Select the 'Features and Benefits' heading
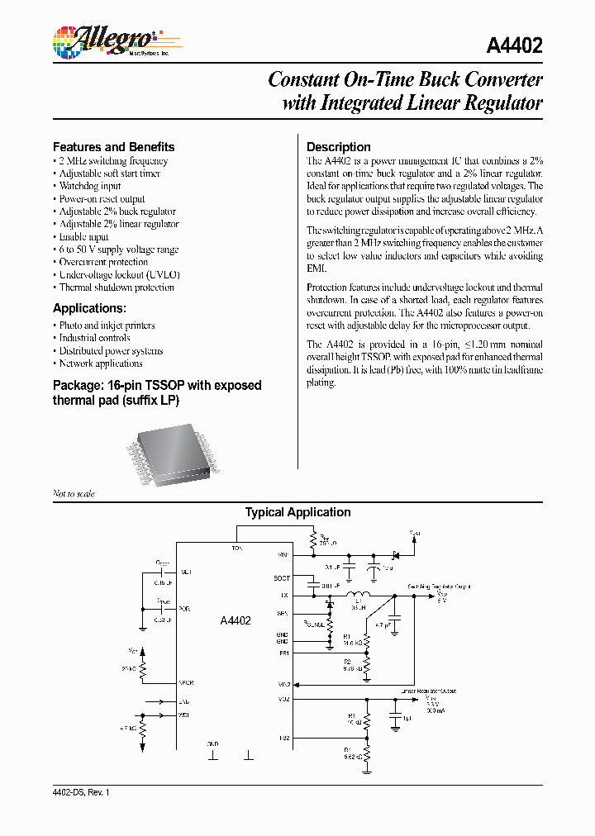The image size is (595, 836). pyautogui.click(x=113, y=146)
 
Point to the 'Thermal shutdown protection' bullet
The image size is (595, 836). pyautogui.click(x=116, y=287)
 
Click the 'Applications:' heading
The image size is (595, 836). pyautogui.click(x=89, y=308)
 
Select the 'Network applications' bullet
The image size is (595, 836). pyautogui.click(x=100, y=363)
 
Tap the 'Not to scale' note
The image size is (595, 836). pyautogui.click(x=74, y=493)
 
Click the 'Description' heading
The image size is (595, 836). pyautogui.click(x=338, y=146)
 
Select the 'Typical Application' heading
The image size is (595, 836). pyautogui.click(x=297, y=512)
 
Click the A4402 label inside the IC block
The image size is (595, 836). pyautogui.click(x=236, y=620)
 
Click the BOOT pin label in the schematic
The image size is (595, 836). pyautogui.click(x=282, y=577)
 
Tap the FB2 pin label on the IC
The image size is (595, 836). pyautogui.click(x=283, y=738)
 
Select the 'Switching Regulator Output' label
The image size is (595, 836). pyautogui.click(x=438, y=586)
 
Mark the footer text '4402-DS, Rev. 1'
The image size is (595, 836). pyautogui.click(x=81, y=791)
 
